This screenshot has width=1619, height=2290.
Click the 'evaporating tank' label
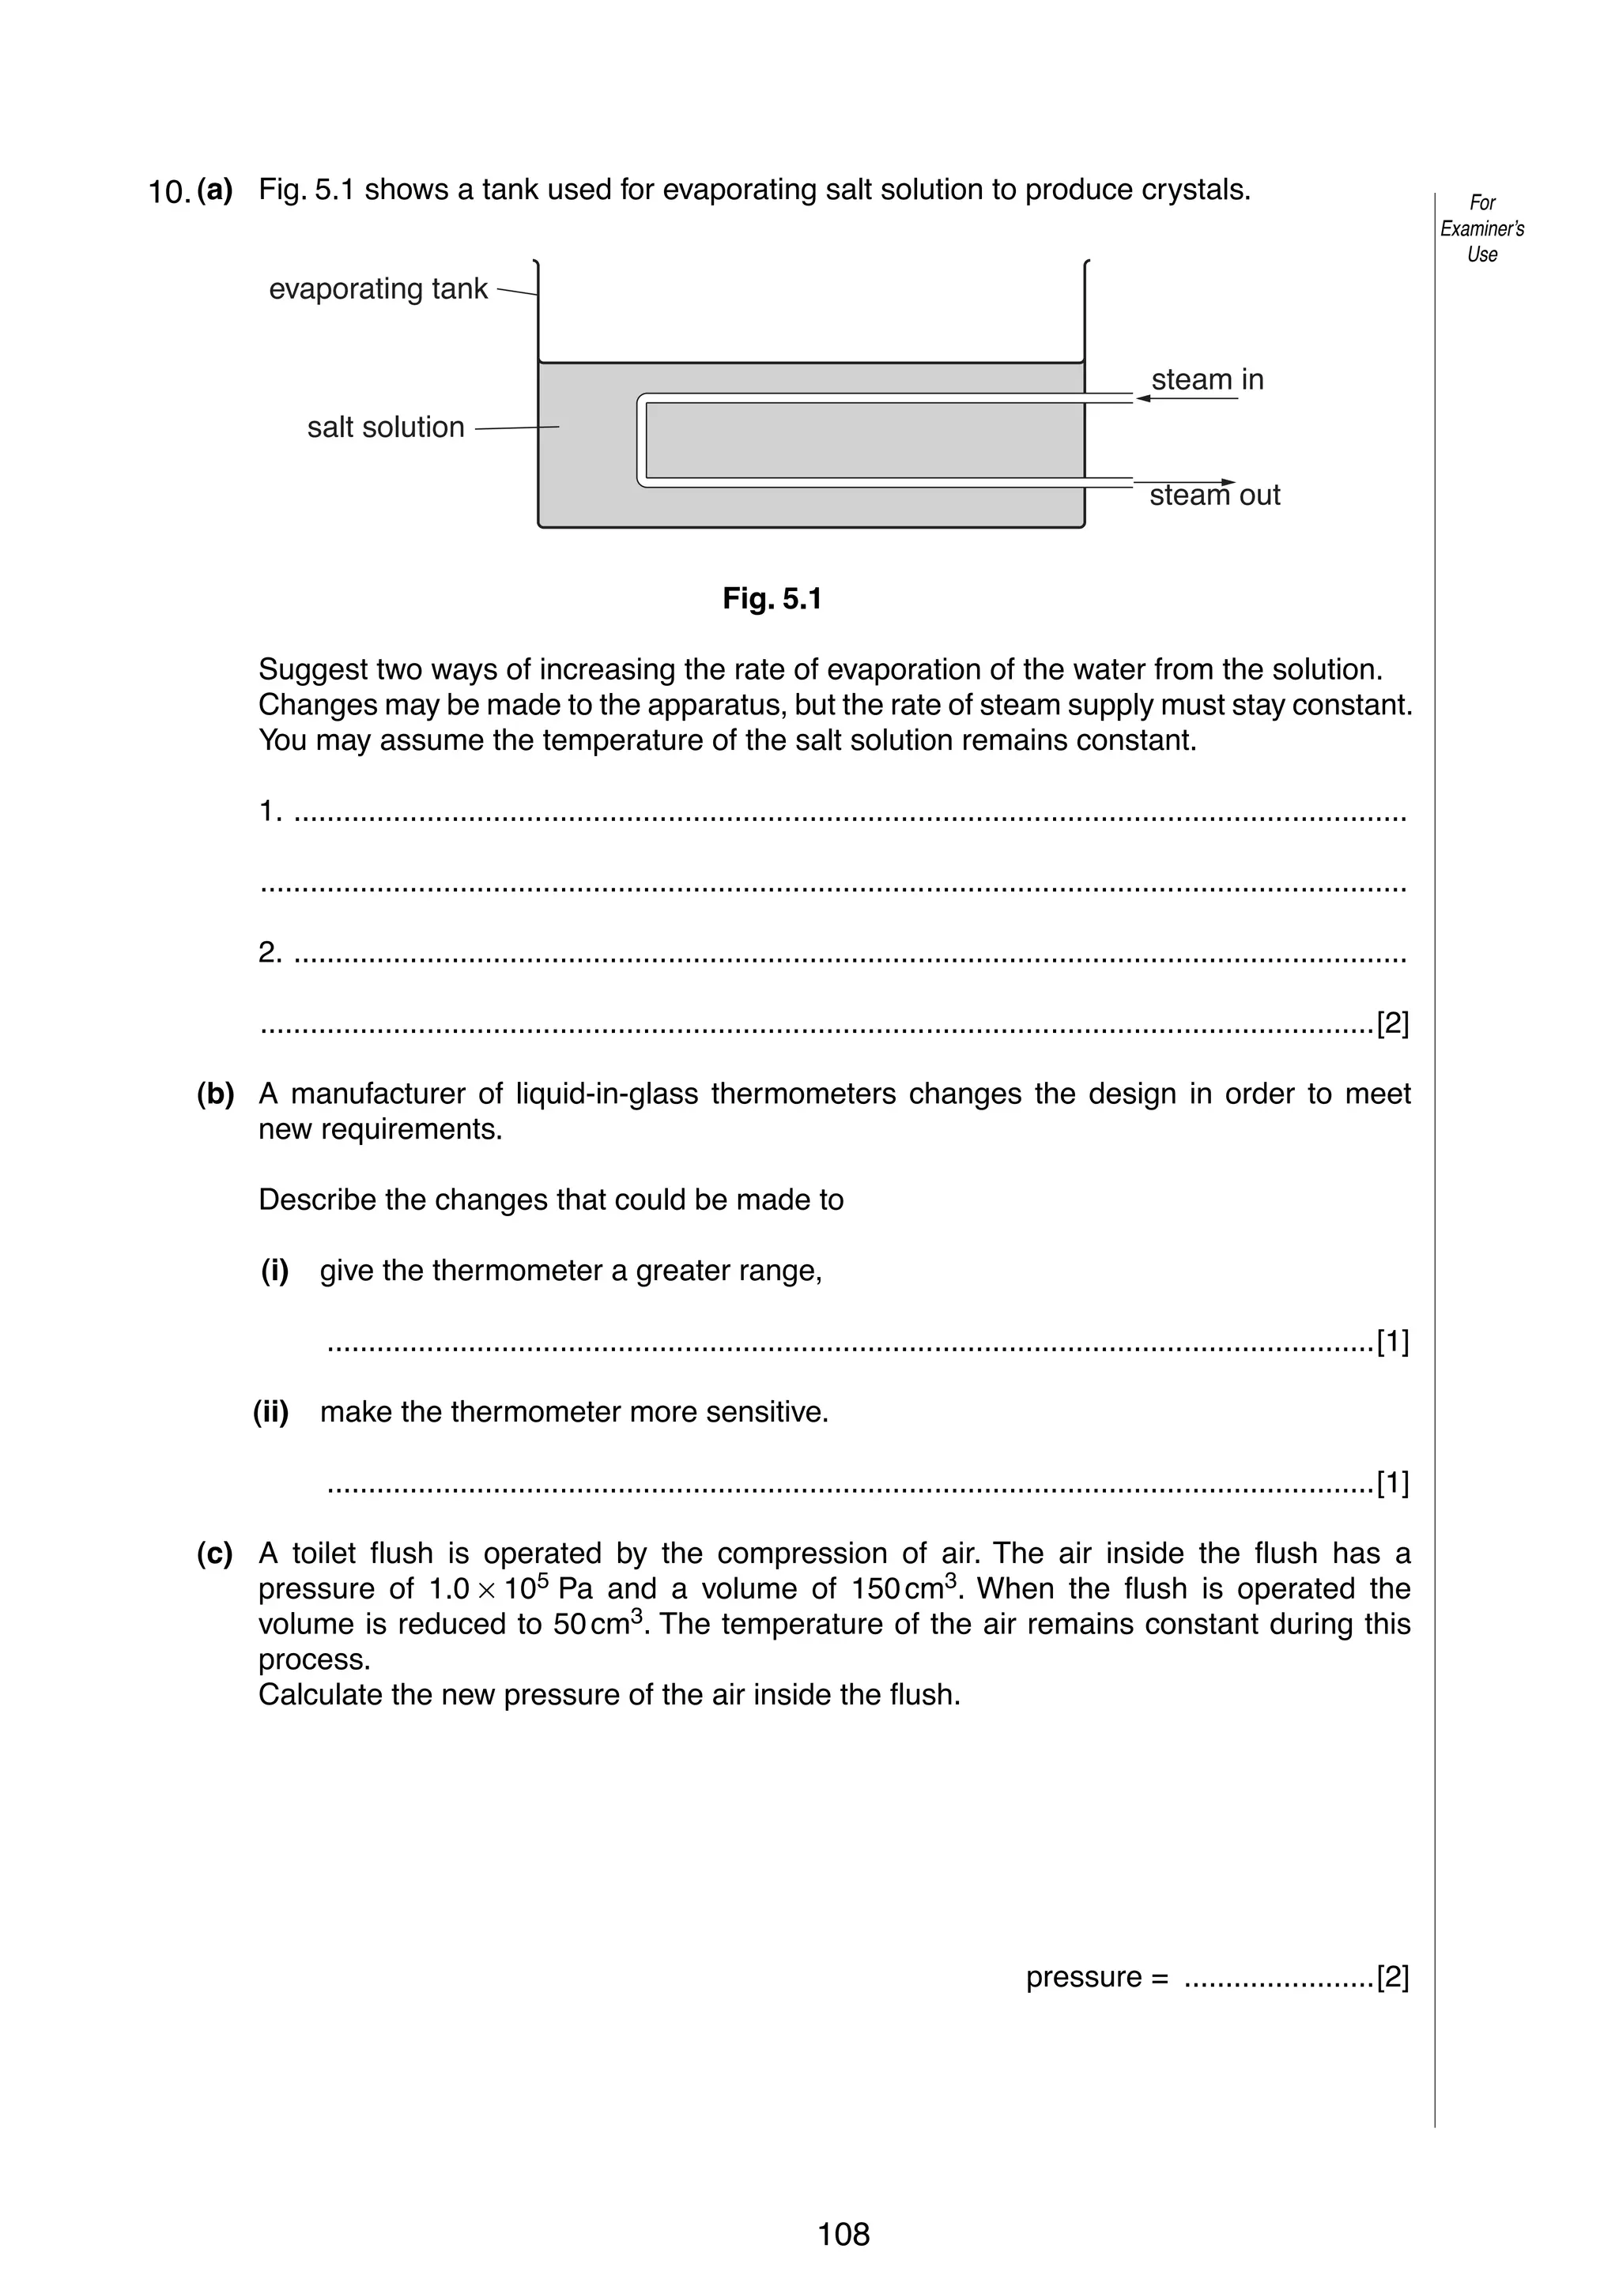pyautogui.click(x=378, y=289)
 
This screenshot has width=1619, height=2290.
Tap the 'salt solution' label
pyautogui.click(x=385, y=427)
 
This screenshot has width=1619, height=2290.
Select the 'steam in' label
pyautogui.click(x=1207, y=380)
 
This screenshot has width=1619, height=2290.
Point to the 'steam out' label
pyautogui.click(x=1214, y=495)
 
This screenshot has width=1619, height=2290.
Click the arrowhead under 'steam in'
pyautogui.click(x=1143, y=399)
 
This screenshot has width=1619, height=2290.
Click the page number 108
pyautogui.click(x=843, y=2233)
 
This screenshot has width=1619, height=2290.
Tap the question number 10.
pyautogui.click(x=168, y=191)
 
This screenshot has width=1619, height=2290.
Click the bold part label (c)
pyautogui.click(x=214, y=1553)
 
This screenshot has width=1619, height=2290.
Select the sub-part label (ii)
pyautogui.click(x=270, y=1412)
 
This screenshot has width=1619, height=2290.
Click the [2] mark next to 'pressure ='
pyautogui.click(x=1393, y=1977)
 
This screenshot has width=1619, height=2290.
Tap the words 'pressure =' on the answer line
pyautogui.click(x=1096, y=1977)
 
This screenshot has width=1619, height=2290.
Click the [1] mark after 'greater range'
pyautogui.click(x=1393, y=1343)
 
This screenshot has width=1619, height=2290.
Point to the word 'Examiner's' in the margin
pyautogui.click(x=1481, y=228)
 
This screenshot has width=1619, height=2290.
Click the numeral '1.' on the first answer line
pyautogui.click(x=270, y=812)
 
